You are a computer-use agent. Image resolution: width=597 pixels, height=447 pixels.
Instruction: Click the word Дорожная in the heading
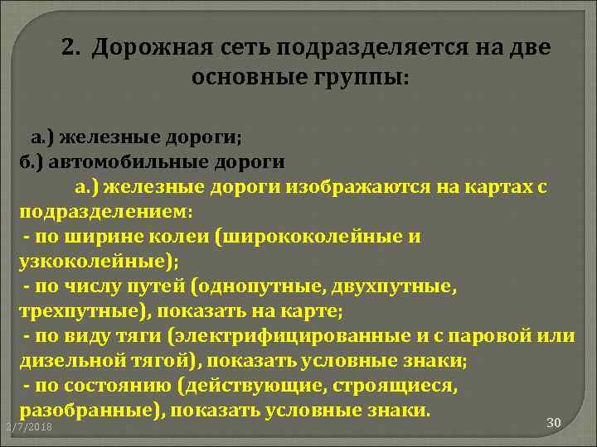146,48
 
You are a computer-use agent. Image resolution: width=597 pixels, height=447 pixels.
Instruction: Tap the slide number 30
555,423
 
